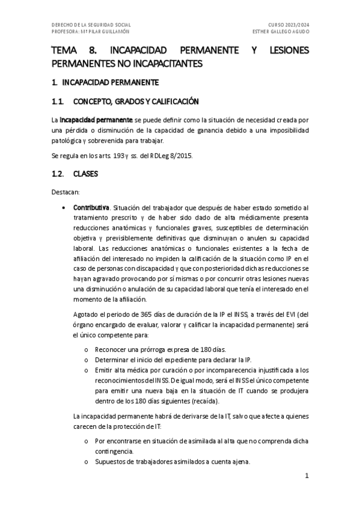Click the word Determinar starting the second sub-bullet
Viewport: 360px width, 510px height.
(111, 360)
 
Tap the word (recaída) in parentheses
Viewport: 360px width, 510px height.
(205, 401)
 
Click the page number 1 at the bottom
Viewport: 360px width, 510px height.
(307, 475)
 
